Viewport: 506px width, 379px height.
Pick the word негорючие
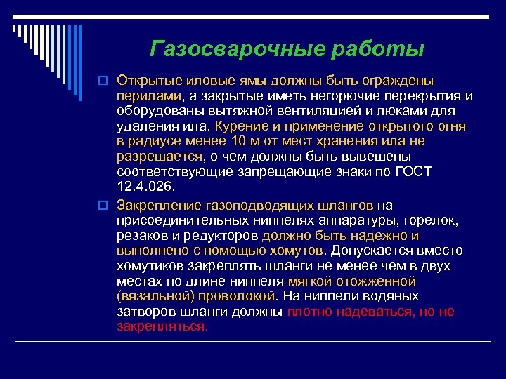(x=333, y=95)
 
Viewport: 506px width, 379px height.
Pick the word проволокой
(x=242, y=296)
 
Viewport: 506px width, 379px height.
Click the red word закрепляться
(x=162, y=327)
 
